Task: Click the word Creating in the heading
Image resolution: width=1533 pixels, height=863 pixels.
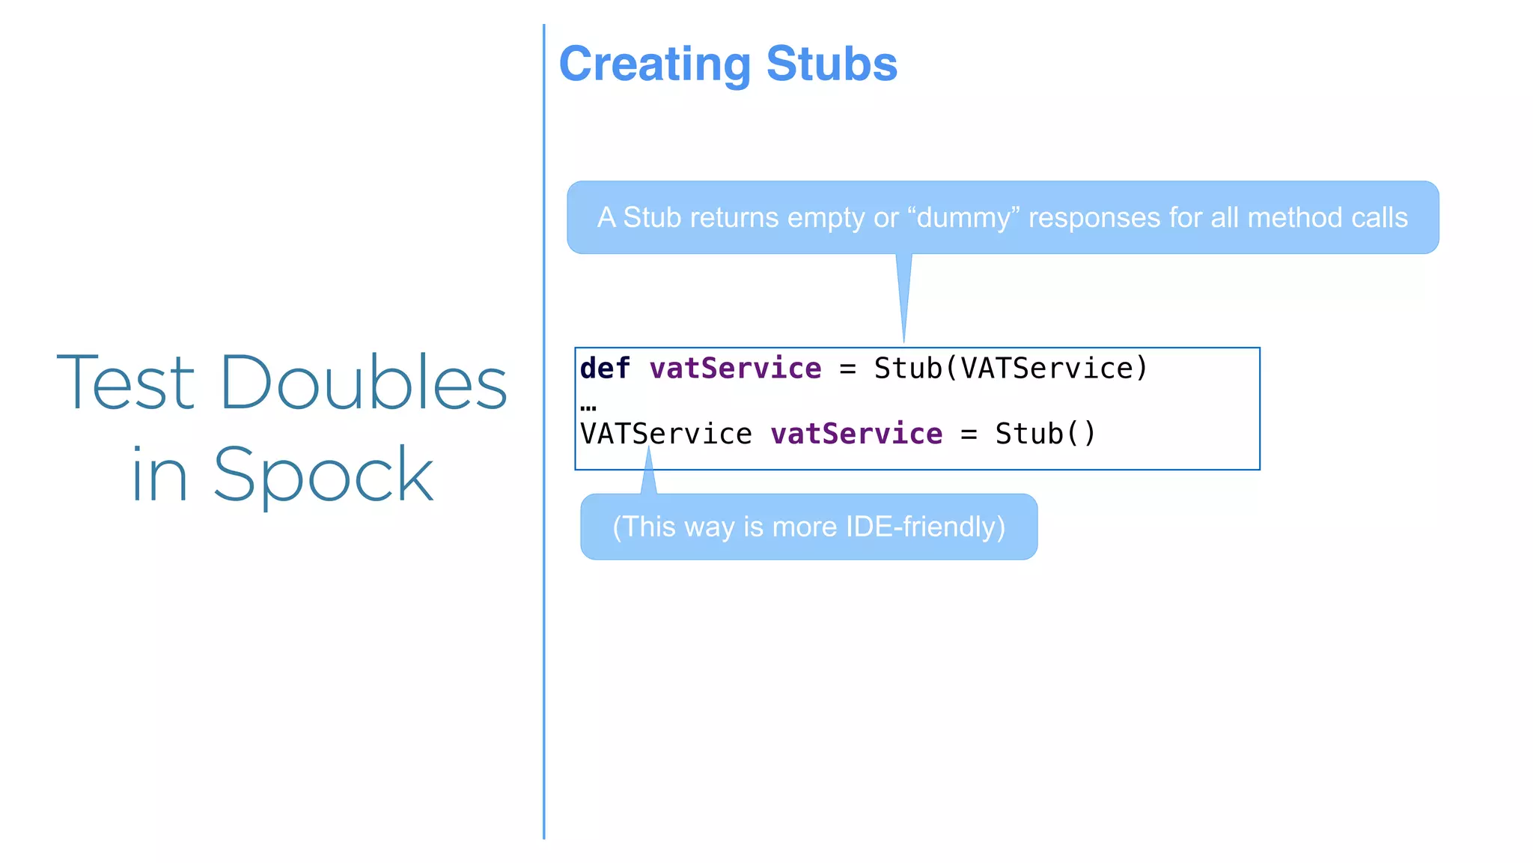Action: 654,65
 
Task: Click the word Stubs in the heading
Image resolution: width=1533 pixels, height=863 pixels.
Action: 831,64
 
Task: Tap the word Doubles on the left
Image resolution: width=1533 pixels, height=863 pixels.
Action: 364,383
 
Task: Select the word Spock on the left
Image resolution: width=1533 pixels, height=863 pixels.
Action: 323,475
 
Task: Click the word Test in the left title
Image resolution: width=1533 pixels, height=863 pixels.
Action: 126,383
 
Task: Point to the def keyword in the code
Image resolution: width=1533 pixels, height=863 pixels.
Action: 605,369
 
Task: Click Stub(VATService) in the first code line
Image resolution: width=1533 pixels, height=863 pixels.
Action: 1011,369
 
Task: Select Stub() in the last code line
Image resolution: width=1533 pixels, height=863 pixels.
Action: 1045,434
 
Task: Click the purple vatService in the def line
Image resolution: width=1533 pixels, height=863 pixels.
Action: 735,369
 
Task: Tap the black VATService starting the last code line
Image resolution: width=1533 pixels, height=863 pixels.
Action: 665,434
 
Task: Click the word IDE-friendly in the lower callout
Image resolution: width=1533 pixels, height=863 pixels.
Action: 925,527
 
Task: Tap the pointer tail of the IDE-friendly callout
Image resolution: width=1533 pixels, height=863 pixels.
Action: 648,476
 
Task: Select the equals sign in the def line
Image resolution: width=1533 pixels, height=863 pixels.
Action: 847,369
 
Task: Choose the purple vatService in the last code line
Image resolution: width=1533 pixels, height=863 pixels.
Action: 856,434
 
